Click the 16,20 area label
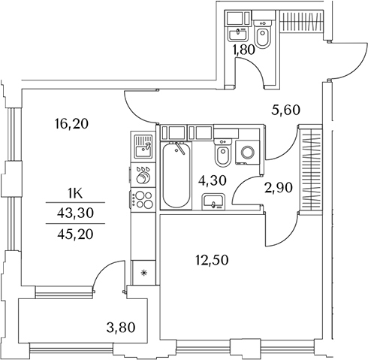pyautogui.click(x=71, y=124)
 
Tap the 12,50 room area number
pyautogui.click(x=212, y=260)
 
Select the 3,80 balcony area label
pyautogui.click(x=121, y=328)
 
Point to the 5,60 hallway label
pyautogui.click(x=285, y=110)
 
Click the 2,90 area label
pyautogui.click(x=279, y=188)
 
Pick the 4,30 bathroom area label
pyautogui.click(x=213, y=180)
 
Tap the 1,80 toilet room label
pyautogui.click(x=243, y=50)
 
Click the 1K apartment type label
pyautogui.click(x=75, y=194)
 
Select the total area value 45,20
pyautogui.click(x=75, y=234)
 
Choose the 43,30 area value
pyautogui.click(x=75, y=213)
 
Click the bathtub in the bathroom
pyautogui.click(x=176, y=174)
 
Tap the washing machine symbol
pyautogui.click(x=248, y=152)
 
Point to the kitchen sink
pyautogui.click(x=143, y=147)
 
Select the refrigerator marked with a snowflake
pyautogui.click(x=143, y=273)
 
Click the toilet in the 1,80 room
pyautogui.click(x=262, y=34)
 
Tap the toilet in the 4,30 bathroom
pyautogui.click(x=223, y=153)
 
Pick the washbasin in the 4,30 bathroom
pyautogui.click(x=213, y=201)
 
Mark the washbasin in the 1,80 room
pyautogui.click(x=237, y=34)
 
